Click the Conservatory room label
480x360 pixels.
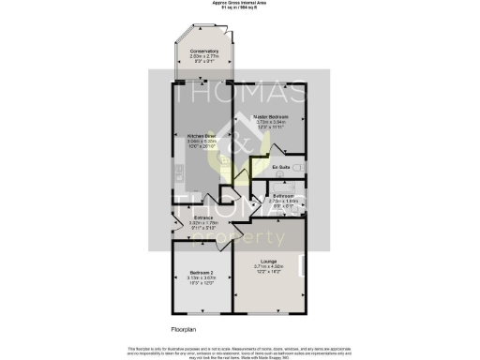[203, 51]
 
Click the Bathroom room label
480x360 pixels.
[283, 196]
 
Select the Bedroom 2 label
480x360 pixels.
[201, 273]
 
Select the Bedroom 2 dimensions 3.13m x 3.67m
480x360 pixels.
[201, 278]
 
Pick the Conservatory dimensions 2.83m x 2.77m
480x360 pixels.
[203, 56]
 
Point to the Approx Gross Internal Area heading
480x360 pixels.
[240, 4]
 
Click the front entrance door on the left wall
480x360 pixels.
[174, 225]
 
